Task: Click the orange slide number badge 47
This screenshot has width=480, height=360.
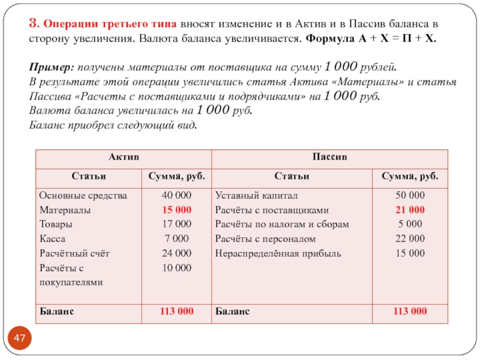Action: (x=20, y=340)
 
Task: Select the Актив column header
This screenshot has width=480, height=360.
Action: (x=124, y=157)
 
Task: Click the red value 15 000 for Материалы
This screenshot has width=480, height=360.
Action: (x=177, y=210)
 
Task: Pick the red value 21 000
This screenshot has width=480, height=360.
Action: (x=410, y=210)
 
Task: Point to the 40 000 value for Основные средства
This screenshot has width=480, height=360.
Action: (x=177, y=196)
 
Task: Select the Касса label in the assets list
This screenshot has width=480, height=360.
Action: (x=52, y=239)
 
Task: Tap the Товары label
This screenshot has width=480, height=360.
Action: (x=56, y=224)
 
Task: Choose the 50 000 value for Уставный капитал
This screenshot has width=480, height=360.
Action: (x=410, y=196)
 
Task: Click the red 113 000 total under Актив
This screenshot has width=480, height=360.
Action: (x=176, y=311)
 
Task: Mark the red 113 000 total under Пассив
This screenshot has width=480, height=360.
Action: (x=410, y=311)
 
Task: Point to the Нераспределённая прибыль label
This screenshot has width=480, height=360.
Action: (x=278, y=253)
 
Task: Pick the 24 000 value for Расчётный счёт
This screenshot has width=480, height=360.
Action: (x=177, y=253)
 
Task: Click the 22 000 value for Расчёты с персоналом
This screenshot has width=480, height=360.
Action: (x=410, y=239)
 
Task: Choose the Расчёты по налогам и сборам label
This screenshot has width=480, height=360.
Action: (x=281, y=224)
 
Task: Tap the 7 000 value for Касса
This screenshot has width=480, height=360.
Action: (x=177, y=239)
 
